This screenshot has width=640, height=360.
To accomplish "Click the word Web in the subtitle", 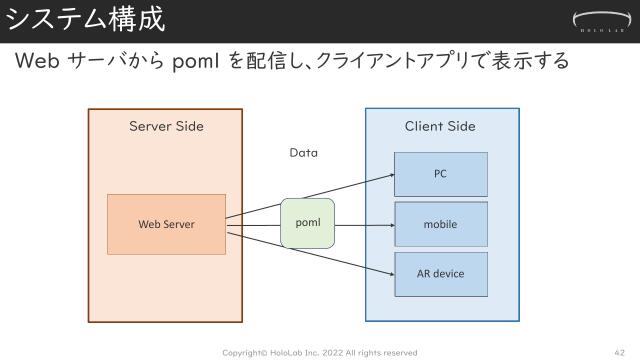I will [38, 62].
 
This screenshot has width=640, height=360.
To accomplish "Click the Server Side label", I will [166, 126].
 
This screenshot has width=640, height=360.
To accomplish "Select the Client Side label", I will [440, 126].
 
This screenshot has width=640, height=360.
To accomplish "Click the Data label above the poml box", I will [303, 153].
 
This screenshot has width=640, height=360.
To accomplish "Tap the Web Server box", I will [166, 224].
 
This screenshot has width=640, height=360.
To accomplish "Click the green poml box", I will [307, 223].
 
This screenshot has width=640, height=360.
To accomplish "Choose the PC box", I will [440, 174].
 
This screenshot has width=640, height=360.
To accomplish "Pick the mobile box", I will [440, 224].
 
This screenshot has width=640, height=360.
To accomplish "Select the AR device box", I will [440, 273].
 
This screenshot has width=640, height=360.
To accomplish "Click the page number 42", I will [618, 352].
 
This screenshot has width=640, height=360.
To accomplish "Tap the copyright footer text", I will [319, 352].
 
